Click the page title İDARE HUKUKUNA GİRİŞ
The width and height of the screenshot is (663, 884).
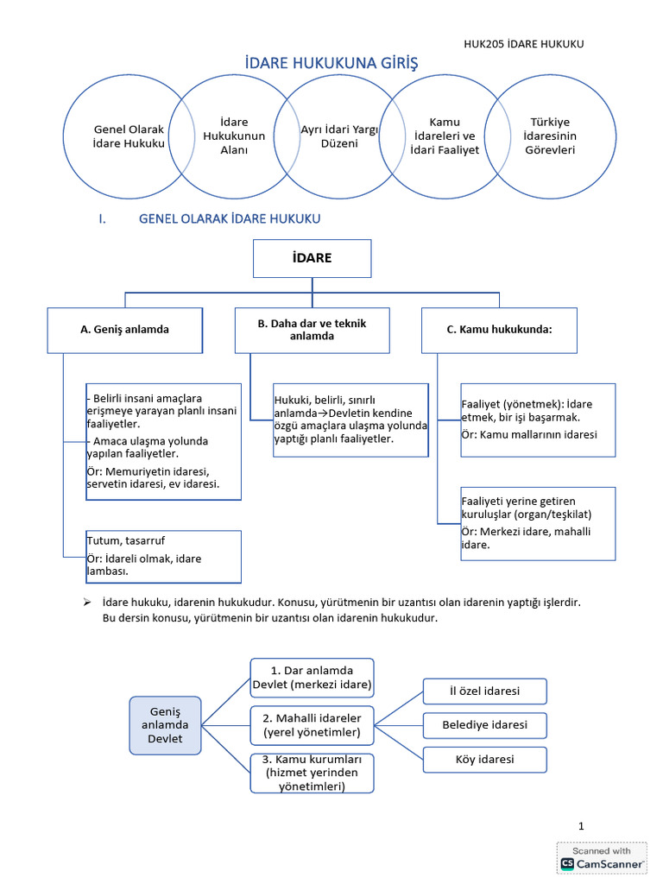[x=331, y=64]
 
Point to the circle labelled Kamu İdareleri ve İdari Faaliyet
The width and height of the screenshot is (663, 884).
[x=445, y=136]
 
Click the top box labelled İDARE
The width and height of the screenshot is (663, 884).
[x=312, y=258]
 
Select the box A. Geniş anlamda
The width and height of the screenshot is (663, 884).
[x=124, y=330]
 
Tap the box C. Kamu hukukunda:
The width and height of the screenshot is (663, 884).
[x=499, y=330]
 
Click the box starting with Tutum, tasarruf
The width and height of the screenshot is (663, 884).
[x=162, y=557]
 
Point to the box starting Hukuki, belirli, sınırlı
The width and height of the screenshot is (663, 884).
[x=350, y=420]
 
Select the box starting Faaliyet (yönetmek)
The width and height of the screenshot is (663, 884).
[x=538, y=420]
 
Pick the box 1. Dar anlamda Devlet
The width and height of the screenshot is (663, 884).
[x=312, y=678]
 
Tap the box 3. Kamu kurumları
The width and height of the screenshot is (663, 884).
[x=312, y=773]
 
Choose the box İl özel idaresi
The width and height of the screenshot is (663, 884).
[x=484, y=691]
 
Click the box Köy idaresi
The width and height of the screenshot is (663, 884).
[x=484, y=760]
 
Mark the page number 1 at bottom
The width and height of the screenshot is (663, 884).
[x=582, y=826]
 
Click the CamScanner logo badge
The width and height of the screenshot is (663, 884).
[x=602, y=857]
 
